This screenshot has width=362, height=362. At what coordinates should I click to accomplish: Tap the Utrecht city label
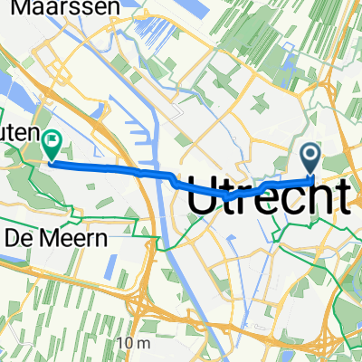(270, 197)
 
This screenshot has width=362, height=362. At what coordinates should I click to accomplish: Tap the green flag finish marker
(52, 142)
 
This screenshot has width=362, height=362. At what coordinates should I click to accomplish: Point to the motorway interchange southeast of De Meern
(137, 298)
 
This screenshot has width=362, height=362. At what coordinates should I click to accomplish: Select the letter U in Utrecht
(201, 197)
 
